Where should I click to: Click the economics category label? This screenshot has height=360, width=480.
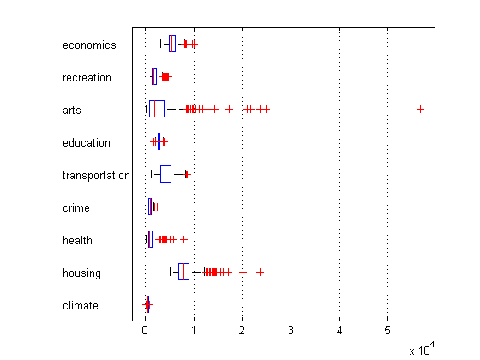(x=89, y=45)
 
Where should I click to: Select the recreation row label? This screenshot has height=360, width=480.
(x=87, y=78)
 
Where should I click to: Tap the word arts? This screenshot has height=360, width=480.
(x=72, y=111)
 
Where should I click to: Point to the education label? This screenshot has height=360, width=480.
(x=87, y=142)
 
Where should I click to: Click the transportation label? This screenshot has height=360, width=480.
(x=96, y=176)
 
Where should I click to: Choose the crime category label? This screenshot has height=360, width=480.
(x=76, y=208)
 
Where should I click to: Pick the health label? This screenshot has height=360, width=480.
(x=77, y=240)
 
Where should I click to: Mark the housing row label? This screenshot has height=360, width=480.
(x=81, y=273)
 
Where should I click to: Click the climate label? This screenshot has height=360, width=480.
(x=81, y=305)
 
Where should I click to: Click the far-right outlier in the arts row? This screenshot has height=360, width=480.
(x=420, y=110)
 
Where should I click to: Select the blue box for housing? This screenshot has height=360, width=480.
(x=183, y=272)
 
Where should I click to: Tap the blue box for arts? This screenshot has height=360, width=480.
(x=157, y=109)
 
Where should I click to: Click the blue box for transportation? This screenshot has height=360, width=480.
(x=165, y=174)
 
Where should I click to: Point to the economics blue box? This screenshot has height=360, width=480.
(x=172, y=44)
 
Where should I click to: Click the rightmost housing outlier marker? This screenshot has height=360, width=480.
(x=260, y=272)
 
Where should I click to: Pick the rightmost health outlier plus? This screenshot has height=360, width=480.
(x=183, y=239)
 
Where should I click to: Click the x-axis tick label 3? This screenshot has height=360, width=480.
(x=291, y=330)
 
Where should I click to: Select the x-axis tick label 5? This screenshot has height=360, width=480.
(x=387, y=330)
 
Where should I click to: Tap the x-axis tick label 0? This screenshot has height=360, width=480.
(x=145, y=330)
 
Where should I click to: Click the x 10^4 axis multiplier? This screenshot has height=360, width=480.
(x=422, y=349)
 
